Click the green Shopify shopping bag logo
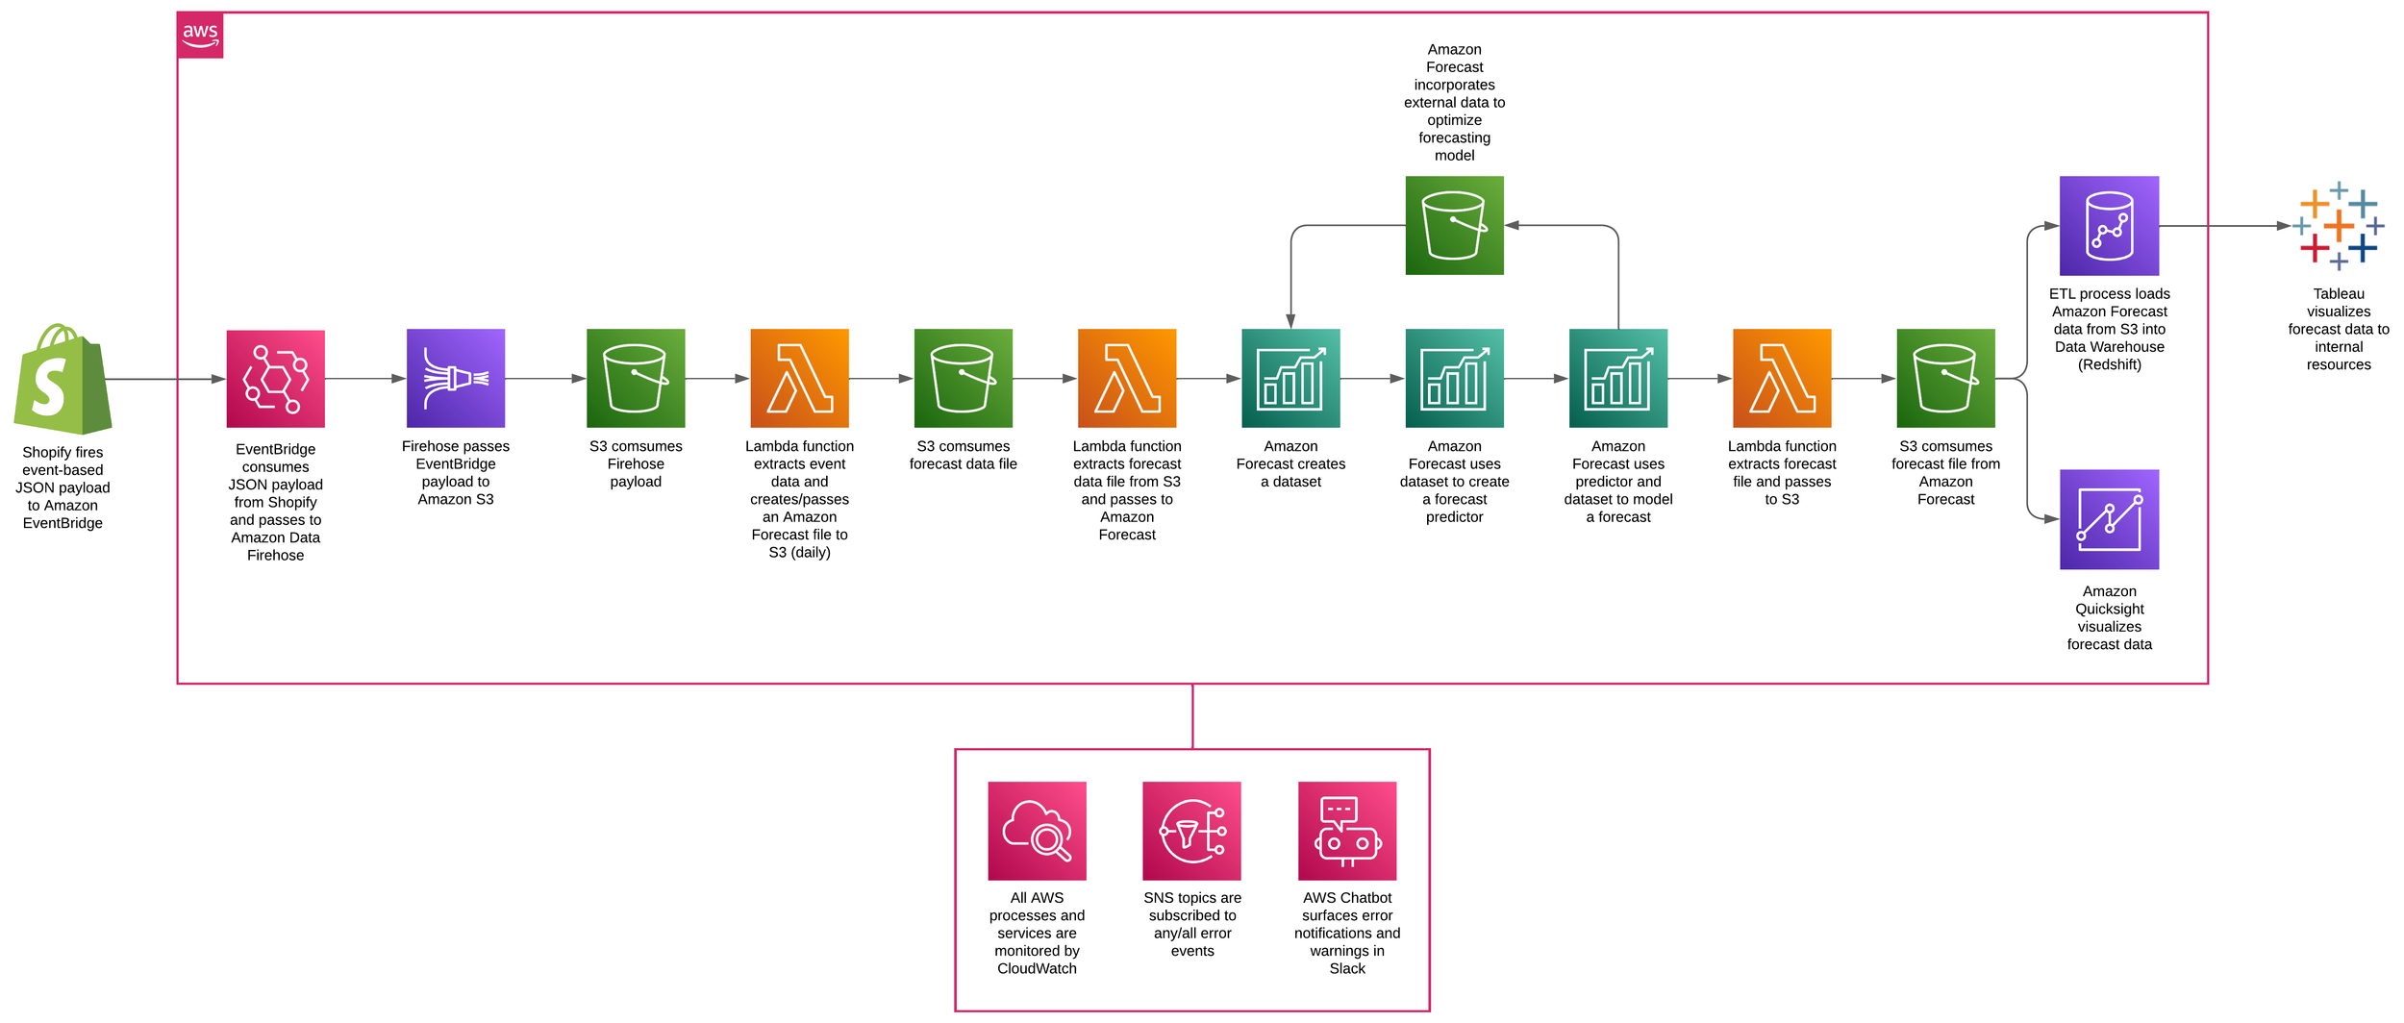63,379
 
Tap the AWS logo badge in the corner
200,36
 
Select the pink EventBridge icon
275,379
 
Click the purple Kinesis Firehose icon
456,379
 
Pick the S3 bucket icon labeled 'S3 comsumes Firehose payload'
636,379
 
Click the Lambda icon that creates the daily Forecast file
799,379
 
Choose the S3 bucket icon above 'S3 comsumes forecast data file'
963,379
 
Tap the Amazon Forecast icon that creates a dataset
1290,379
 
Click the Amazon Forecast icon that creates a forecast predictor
1454,379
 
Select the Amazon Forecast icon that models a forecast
1617,379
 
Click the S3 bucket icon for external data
1454,225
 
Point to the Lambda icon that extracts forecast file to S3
1782,379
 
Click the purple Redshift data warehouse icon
2109,226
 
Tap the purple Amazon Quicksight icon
2109,519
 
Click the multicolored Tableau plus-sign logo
2339,226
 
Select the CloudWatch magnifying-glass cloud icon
1037,831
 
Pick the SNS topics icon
1191,831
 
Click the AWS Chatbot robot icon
1347,831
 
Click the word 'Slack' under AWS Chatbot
1347,968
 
